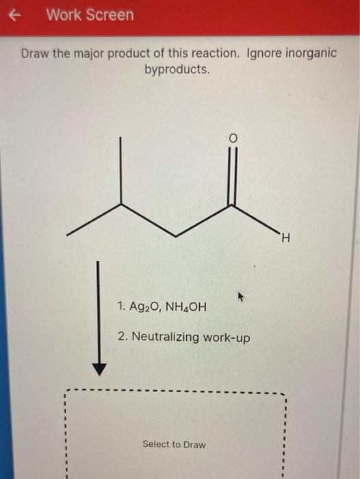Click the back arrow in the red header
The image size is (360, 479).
[x=14, y=15]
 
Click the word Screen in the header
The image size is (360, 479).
[x=107, y=15]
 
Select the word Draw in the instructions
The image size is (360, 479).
[x=35, y=54]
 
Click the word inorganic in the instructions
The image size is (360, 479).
[x=311, y=54]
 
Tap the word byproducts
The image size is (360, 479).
[x=177, y=70]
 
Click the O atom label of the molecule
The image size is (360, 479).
[x=233, y=139]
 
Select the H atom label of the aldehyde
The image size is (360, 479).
[x=285, y=237]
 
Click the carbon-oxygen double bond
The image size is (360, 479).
[x=233, y=176]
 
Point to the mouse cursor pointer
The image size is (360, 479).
[x=241, y=296]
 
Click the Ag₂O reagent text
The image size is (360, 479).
[x=143, y=307]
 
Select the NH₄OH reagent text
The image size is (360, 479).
[x=185, y=307]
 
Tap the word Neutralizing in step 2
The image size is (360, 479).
[x=166, y=337]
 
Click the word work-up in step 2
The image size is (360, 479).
[x=227, y=338]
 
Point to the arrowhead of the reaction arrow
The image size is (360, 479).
[x=99, y=370]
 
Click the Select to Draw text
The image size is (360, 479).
[x=174, y=444]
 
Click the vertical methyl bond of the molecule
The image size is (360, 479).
[x=120, y=170]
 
